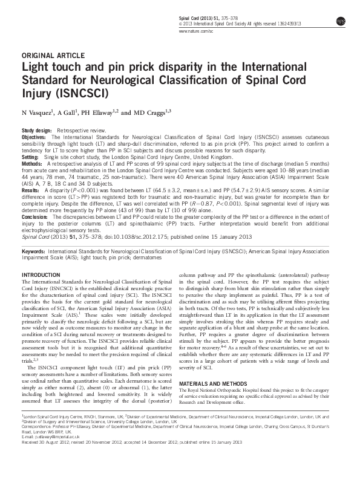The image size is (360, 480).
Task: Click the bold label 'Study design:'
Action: point(36,131)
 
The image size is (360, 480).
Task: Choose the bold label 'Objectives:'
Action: point(34,137)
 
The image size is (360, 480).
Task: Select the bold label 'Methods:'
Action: point(32,163)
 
